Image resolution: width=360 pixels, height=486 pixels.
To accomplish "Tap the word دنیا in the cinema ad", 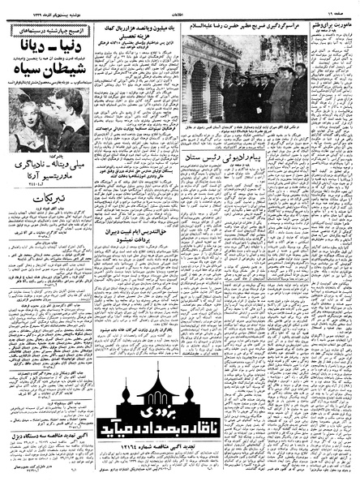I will click(70, 37).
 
